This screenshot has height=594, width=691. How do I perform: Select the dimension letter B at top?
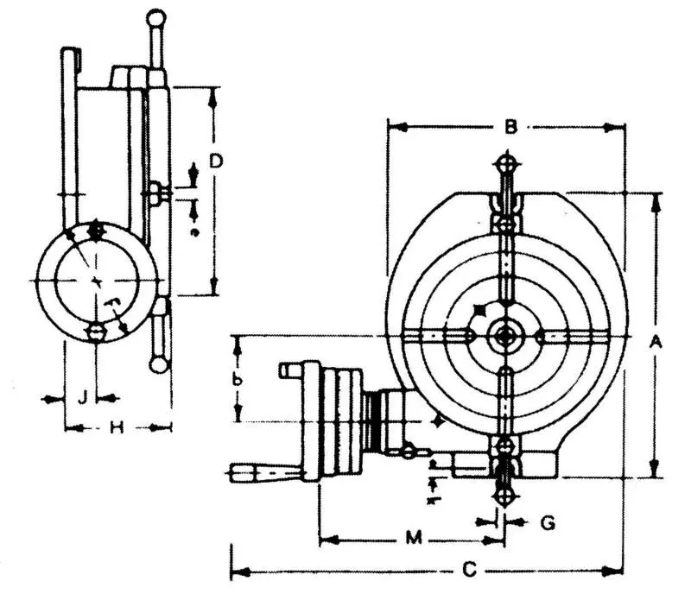pos(510,128)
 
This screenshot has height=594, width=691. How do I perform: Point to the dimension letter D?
pos(217,161)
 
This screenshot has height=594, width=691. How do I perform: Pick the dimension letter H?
pos(118,427)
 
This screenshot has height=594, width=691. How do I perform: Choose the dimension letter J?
pos(81,398)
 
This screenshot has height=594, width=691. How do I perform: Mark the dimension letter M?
pos(414,540)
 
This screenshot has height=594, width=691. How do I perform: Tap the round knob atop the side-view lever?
pos(156,16)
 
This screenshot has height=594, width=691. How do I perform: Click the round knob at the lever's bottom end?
pos(159,364)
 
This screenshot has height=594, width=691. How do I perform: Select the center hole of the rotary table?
pos(505,336)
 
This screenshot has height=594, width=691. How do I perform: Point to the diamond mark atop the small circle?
pos(96,231)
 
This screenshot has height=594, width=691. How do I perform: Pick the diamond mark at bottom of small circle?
pos(96,332)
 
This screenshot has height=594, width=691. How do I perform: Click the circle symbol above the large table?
pos(507,162)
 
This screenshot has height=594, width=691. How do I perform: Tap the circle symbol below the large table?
pos(505,497)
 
